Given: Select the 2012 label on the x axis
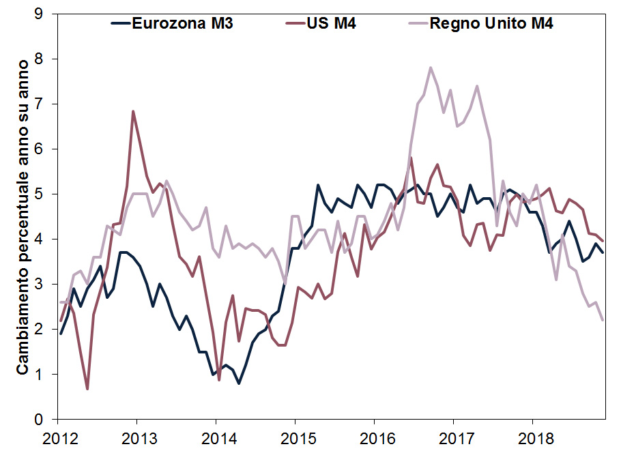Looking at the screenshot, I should coord(57,436).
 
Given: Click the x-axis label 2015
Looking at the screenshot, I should coord(294,436).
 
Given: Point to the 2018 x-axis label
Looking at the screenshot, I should coord(532,436).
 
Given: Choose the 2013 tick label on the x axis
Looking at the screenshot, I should coord(136,436).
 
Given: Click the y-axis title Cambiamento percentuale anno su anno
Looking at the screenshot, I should coord(22,216).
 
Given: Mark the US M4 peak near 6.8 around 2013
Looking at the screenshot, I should coord(133,111).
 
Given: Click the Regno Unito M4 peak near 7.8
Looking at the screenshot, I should coord(430,68).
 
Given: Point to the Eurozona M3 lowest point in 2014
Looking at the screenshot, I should coord(239,383).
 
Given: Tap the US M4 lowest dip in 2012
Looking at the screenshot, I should coord(87,389).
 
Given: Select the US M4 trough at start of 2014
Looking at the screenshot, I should coord(218,380).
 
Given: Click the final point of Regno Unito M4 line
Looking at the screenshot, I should coord(603,320).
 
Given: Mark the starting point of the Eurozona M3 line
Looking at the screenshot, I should coord(61,334).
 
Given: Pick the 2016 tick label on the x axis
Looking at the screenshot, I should coord(373,436).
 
